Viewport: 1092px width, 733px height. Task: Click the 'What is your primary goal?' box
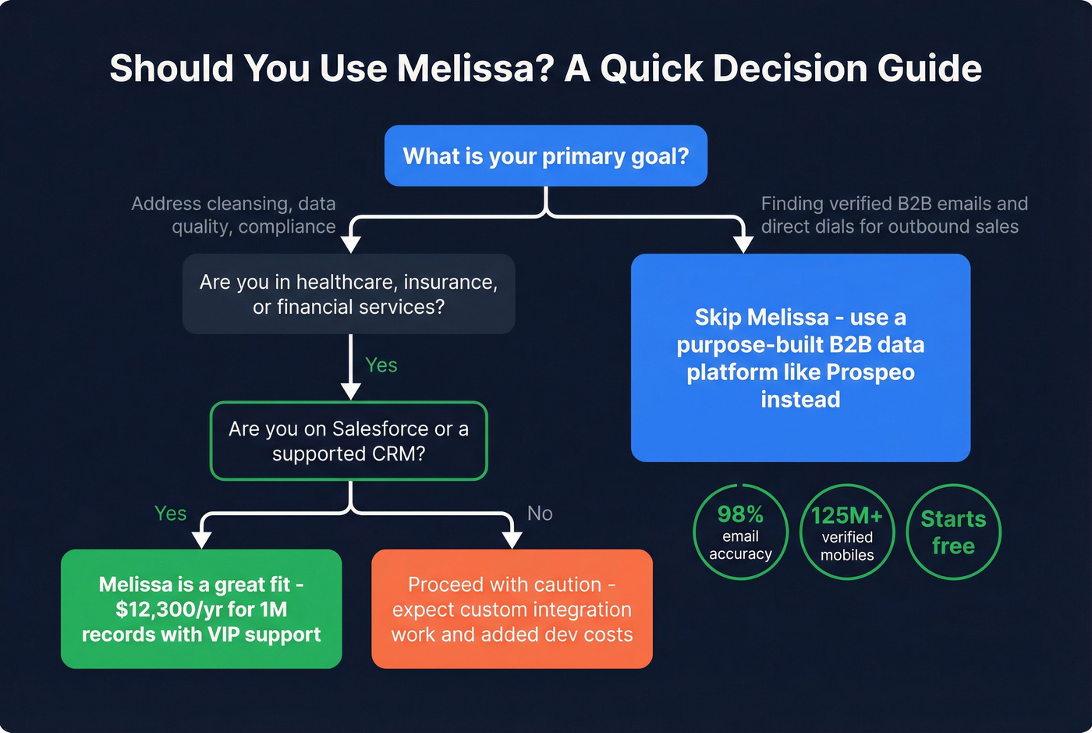[x=545, y=156]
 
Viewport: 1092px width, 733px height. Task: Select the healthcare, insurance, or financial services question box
[x=348, y=294]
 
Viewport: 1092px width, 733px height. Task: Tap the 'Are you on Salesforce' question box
[x=348, y=441]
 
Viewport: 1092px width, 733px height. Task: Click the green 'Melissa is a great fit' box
[x=201, y=609]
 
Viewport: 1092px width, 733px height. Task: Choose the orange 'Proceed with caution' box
[x=512, y=609]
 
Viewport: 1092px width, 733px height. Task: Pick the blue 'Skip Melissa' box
[x=800, y=358]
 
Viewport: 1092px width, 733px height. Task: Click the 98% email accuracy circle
[x=740, y=532]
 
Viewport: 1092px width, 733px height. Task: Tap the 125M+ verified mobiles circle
[x=847, y=532]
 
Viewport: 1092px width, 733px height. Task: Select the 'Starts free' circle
[x=953, y=532]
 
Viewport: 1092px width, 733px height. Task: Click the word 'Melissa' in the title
[x=475, y=69]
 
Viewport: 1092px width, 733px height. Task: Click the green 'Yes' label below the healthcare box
[x=381, y=365]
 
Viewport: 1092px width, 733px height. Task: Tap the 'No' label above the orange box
[x=540, y=514]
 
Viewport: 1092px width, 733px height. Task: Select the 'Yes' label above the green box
[x=170, y=514]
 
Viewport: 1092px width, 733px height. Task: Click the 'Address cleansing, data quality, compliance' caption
[x=234, y=215]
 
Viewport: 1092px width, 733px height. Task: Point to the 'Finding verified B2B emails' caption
[x=894, y=215]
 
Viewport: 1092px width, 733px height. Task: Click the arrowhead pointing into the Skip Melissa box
[x=743, y=244]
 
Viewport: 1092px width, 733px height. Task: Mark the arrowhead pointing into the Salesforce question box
[x=351, y=391]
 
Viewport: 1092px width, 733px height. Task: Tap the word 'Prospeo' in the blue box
[x=870, y=372]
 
